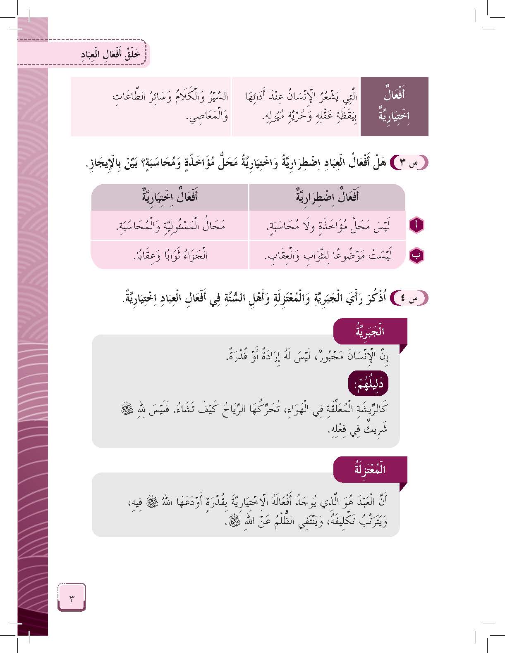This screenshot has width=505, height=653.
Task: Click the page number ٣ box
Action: [x=72, y=598]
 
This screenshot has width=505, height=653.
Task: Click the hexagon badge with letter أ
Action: [x=416, y=226]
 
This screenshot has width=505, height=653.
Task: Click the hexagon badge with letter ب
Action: [x=416, y=256]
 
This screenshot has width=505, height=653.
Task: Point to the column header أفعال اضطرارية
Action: [x=327, y=197]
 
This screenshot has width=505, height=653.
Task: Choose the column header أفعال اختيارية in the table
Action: [x=170, y=197]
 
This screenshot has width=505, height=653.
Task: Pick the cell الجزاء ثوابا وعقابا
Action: [x=170, y=256]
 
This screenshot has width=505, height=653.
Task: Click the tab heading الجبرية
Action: [x=370, y=331]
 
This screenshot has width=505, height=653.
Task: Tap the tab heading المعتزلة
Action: [x=370, y=470]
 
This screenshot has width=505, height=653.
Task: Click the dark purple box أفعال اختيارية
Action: [x=394, y=106]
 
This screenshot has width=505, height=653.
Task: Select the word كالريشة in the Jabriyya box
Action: [x=370, y=409]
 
